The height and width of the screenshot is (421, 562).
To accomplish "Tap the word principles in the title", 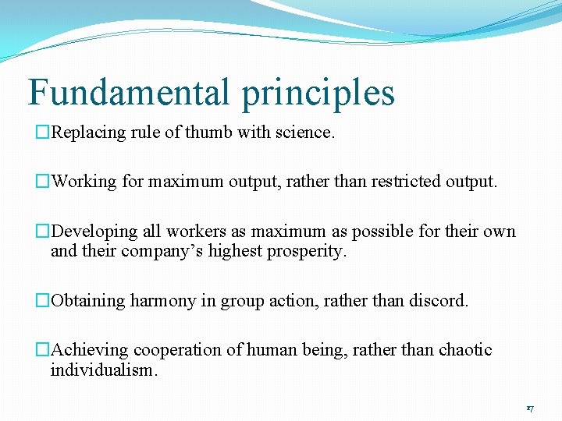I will (318, 94).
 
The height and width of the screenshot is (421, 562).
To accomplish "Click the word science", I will (304, 133).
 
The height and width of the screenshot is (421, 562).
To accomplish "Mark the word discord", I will (440, 301).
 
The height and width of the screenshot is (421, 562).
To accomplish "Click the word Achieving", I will (88, 350).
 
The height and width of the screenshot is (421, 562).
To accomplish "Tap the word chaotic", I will (465, 350).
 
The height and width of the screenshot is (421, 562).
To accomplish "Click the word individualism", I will (103, 370).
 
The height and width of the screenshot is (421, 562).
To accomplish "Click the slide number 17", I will (529, 409).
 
